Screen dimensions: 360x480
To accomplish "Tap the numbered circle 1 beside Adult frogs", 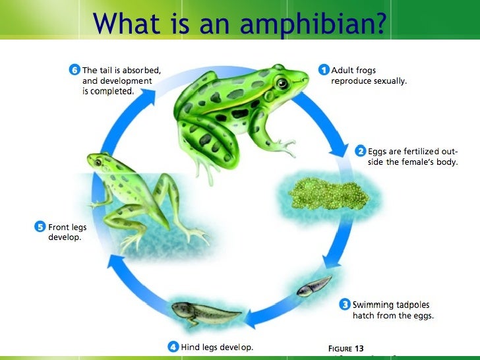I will coord(324,69).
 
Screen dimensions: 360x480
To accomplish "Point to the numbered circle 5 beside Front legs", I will coord(40,227).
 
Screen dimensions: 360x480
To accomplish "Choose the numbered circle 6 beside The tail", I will coord(75,69).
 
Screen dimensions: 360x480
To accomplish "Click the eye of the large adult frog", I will coord(282,84).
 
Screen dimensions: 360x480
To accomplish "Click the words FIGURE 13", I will coord(345,348).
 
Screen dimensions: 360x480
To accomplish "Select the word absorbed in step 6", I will coord(140,69).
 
